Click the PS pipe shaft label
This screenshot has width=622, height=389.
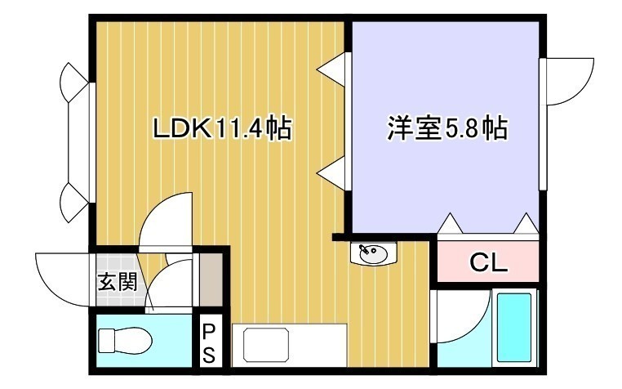209,343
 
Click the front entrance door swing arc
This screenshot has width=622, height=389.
61,278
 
